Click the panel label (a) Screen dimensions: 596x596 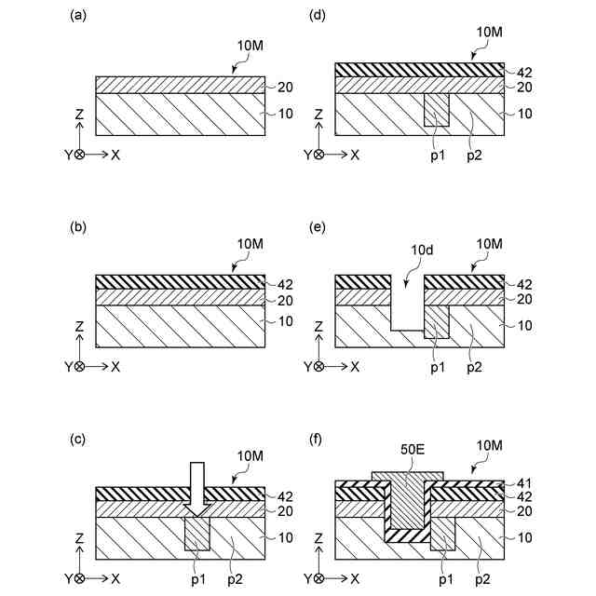coord(78,16)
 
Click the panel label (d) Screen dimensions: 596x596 coord(317,16)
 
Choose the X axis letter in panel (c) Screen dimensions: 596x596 coord(115,578)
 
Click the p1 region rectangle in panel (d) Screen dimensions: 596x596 coord(436,109)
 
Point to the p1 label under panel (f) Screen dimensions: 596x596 coord(438,578)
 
